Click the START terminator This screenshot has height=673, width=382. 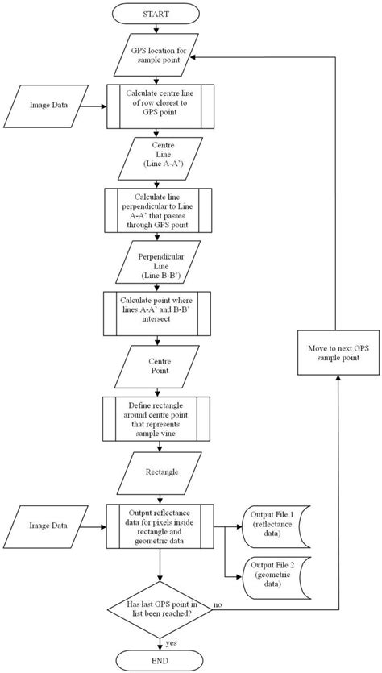[x=156, y=14]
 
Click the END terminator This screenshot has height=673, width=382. [x=159, y=659]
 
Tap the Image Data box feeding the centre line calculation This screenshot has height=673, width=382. [x=45, y=106]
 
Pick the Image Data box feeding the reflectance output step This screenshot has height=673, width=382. [x=45, y=526]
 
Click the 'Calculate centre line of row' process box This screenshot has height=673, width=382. [x=160, y=106]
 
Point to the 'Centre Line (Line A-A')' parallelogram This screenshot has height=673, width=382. [x=160, y=158]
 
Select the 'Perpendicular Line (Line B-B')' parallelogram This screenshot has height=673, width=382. [x=159, y=261]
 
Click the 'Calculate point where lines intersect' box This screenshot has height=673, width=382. [x=157, y=314]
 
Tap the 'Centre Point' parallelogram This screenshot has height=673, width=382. [x=157, y=366]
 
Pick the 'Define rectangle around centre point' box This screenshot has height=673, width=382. [x=156, y=418]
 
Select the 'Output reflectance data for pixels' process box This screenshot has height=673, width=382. [x=160, y=526]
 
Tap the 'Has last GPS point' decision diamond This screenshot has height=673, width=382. [x=160, y=609]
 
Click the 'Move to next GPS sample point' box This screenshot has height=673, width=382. [x=338, y=352]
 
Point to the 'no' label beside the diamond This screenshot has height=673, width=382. [x=218, y=604]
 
